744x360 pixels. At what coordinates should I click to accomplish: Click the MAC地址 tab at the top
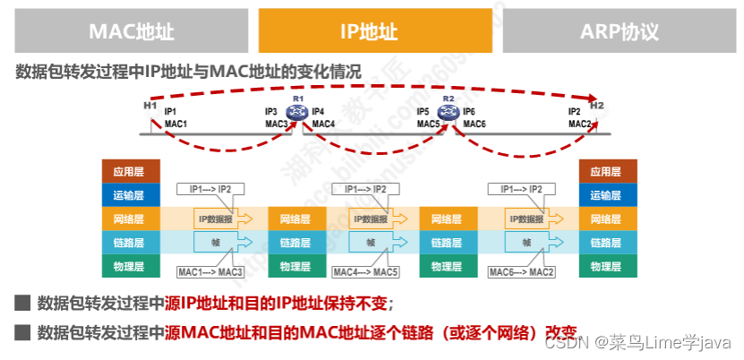pyautogui.click(x=131, y=32)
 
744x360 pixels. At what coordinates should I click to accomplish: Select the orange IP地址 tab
pyautogui.click(x=375, y=32)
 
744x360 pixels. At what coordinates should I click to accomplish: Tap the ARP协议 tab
pyautogui.click(x=619, y=32)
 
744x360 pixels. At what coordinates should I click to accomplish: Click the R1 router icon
pyautogui.click(x=298, y=112)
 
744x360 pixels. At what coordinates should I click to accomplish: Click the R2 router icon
pyautogui.click(x=449, y=112)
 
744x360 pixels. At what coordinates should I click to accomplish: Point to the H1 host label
pyautogui.click(x=150, y=106)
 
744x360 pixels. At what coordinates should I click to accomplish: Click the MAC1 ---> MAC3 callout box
pyautogui.click(x=210, y=271)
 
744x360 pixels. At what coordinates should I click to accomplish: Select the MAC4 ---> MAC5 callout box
pyautogui.click(x=365, y=271)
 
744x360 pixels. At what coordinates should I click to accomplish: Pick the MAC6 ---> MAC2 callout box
pyautogui.click(x=522, y=271)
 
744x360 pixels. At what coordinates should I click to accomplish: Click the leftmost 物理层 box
pyautogui.click(x=130, y=266)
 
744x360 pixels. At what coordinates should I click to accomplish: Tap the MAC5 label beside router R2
pyautogui.click(x=428, y=124)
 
